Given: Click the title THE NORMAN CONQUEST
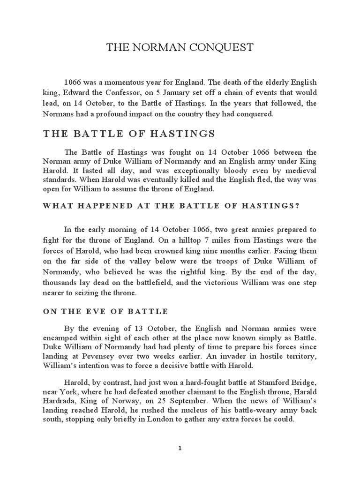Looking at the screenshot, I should point(180,47).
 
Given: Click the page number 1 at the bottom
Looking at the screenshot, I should point(180,448).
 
